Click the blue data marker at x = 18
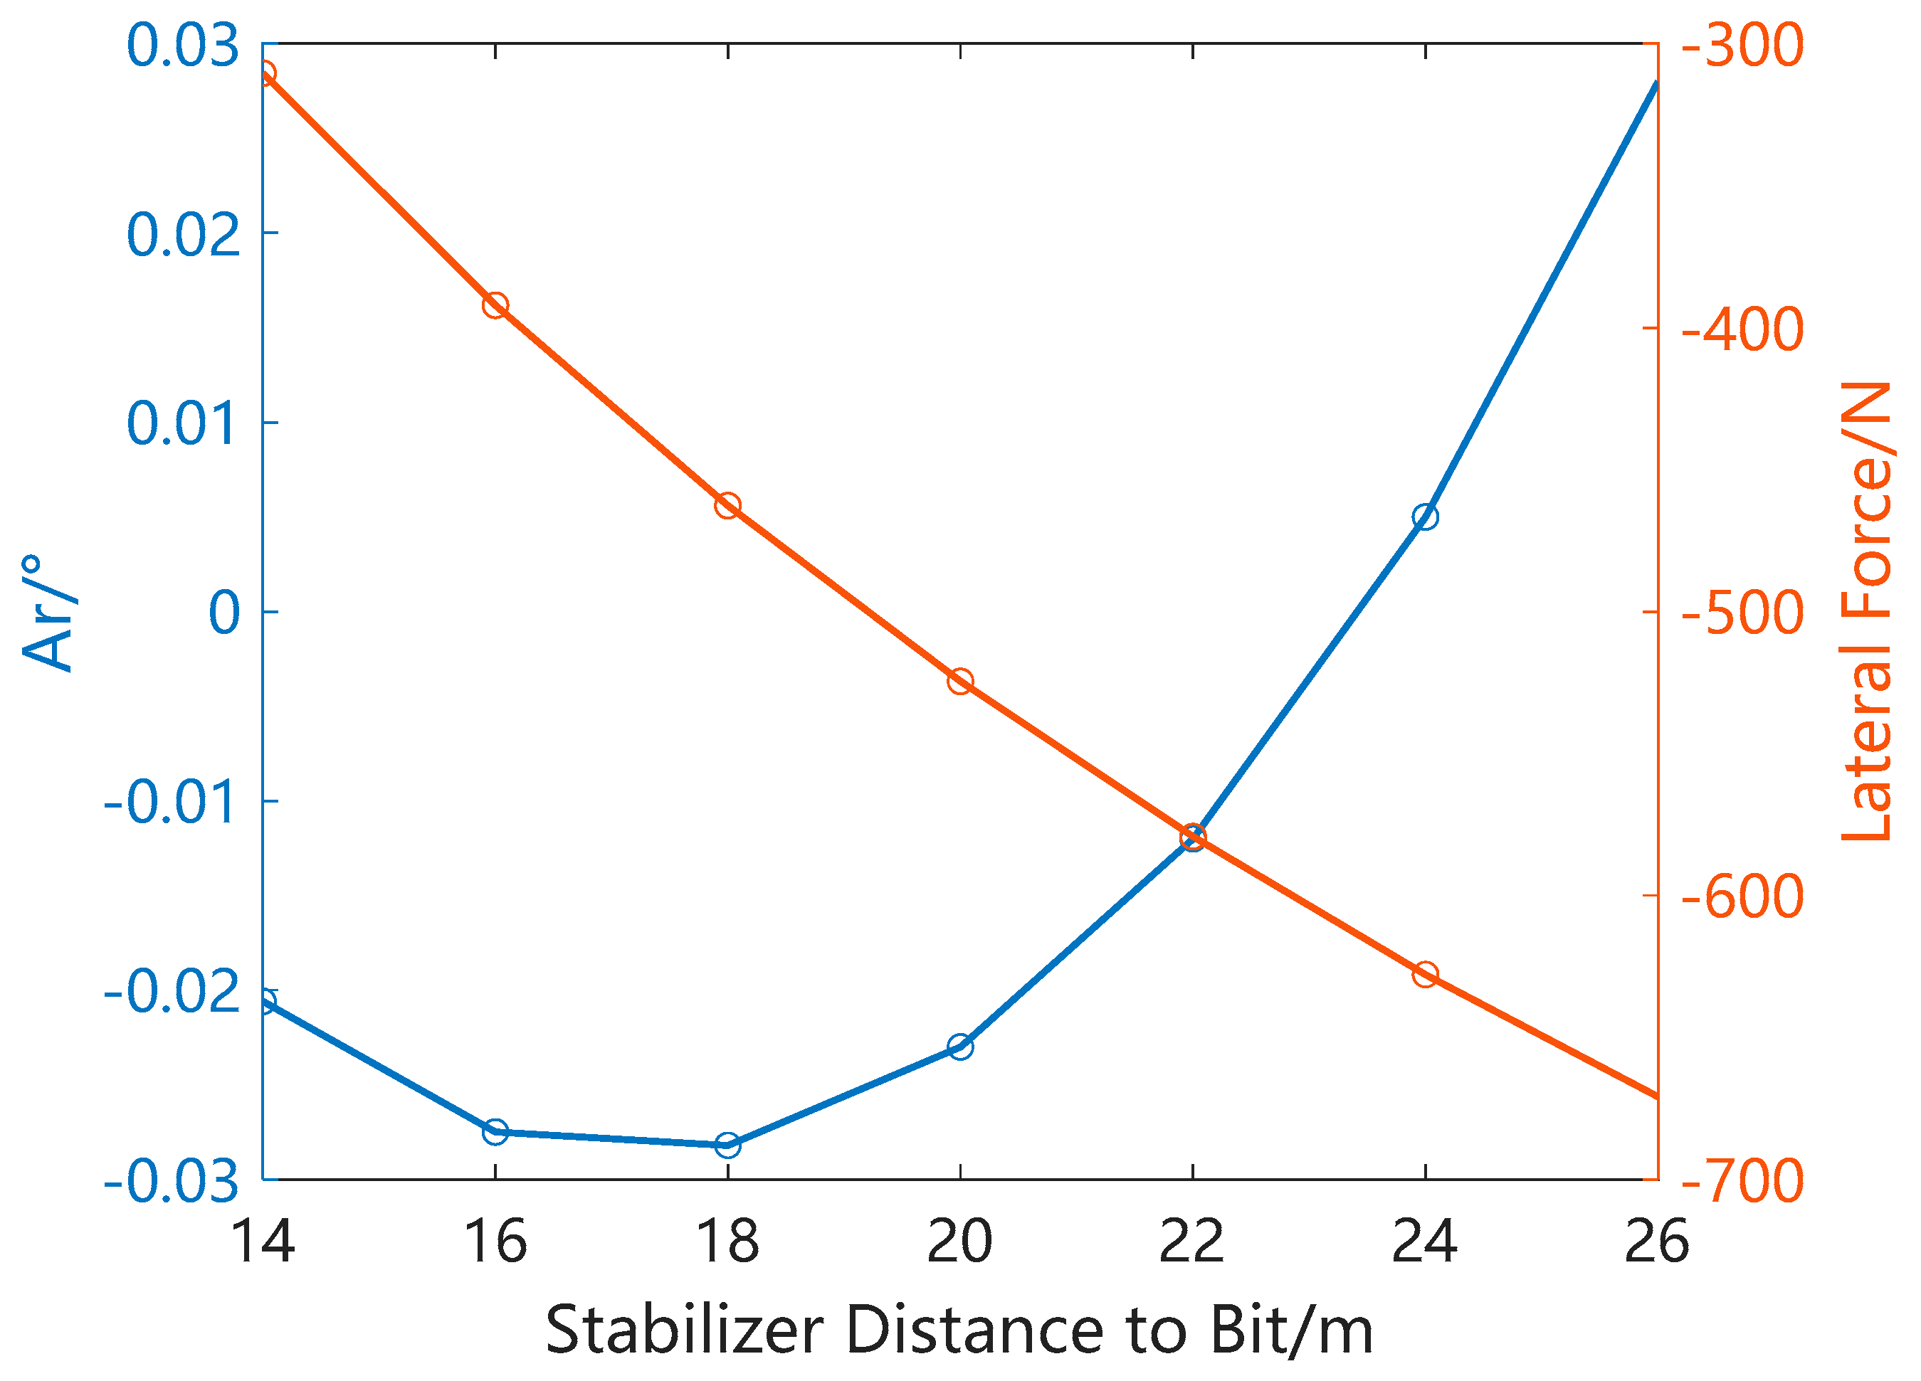[727, 1145]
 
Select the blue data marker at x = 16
[495, 1131]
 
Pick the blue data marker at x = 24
[1425, 517]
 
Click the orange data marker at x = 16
[495, 305]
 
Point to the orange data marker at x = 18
[727, 505]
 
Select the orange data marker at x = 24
[1425, 974]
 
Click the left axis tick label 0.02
[183, 235]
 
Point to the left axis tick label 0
[224, 613]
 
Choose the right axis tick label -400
[1742, 329]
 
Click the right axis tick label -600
[1742, 896]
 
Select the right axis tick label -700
[1742, 1181]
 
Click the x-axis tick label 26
[1657, 1242]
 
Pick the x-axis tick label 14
[263, 1242]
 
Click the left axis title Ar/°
[49, 613]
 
